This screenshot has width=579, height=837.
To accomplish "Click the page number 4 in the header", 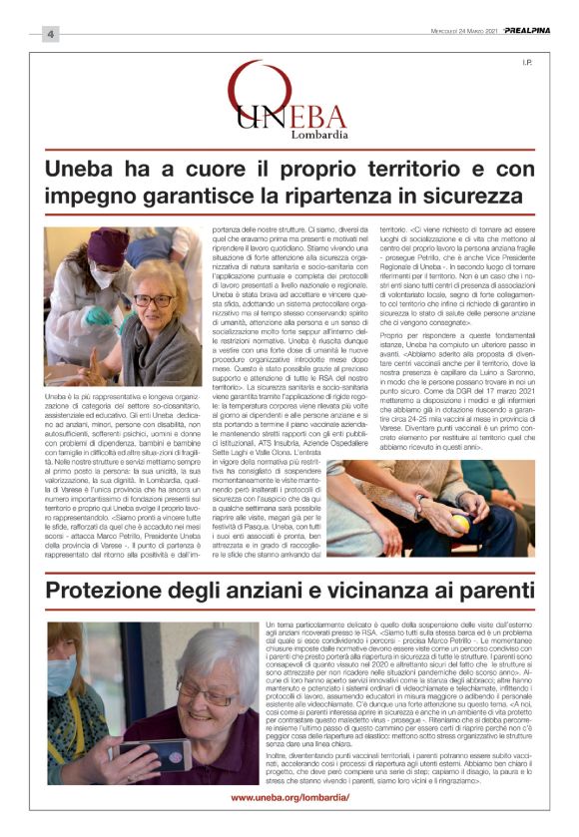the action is [x=49, y=35].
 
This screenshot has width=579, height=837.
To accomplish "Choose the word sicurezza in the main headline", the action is [x=483, y=195].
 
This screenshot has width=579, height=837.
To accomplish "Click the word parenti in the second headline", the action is [x=491, y=591].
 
